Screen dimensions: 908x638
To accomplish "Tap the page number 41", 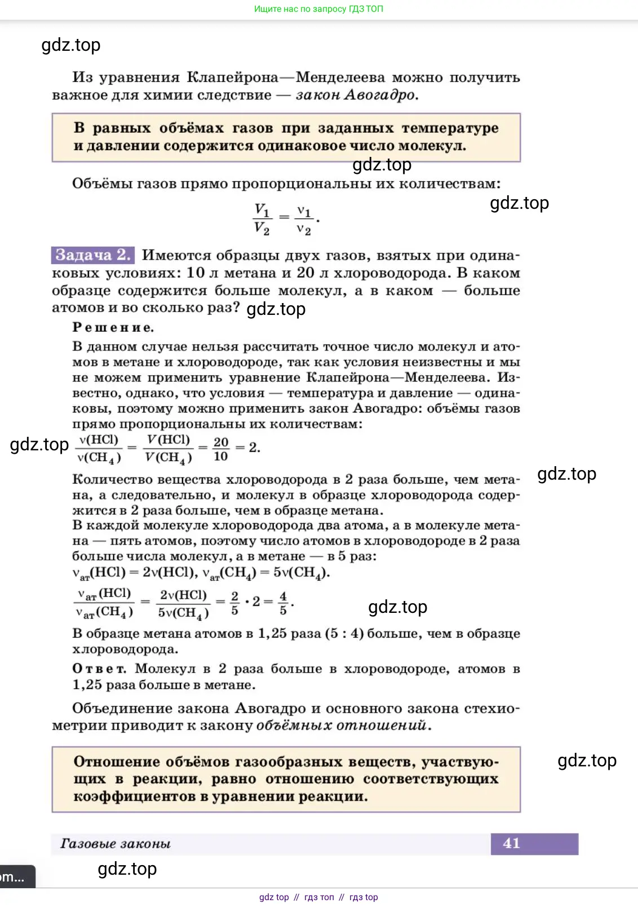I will click(511, 843).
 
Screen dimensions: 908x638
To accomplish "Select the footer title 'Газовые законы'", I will click(116, 844).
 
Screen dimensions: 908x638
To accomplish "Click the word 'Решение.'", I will click(113, 327).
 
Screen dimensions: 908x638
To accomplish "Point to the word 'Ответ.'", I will click(99, 669).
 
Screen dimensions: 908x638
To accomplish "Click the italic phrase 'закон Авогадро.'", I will click(357, 95).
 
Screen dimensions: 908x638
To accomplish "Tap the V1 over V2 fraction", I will click(262, 219).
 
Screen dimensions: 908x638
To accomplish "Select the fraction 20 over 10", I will click(221, 449).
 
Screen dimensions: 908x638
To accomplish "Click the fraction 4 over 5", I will click(283, 603).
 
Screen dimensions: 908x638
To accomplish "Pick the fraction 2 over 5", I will click(235, 603).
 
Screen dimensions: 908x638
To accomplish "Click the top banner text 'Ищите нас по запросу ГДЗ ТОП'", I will click(318, 9).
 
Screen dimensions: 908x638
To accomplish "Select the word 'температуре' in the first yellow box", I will click(450, 128).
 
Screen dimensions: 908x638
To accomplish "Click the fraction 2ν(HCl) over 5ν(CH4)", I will click(183, 603).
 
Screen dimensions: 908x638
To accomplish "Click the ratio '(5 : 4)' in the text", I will click(344, 633).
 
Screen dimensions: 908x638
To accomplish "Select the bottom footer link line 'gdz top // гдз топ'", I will click(318, 897).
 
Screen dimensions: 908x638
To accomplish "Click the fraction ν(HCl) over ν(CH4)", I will click(99, 449).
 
